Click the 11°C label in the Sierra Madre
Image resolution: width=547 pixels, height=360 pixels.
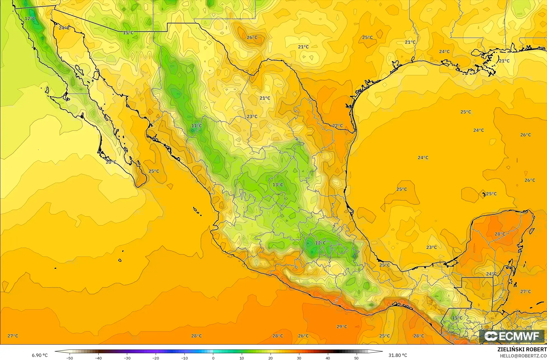(x=196, y=126)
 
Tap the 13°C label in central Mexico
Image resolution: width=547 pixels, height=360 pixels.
(x=278, y=185)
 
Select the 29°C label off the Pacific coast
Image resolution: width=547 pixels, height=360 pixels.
(x=342, y=326)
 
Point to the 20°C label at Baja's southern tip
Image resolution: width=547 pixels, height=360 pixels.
(x=111, y=162)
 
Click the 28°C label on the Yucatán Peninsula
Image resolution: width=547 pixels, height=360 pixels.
(x=500, y=234)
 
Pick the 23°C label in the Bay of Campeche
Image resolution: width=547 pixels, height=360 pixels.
(x=431, y=247)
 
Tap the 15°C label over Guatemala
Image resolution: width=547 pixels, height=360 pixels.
(x=457, y=318)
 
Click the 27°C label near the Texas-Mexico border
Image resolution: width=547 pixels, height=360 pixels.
(x=337, y=126)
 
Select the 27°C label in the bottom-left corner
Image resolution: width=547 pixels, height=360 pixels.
(x=13, y=336)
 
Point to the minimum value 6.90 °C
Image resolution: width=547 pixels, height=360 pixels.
(x=40, y=355)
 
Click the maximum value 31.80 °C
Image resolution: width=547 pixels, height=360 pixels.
(x=397, y=355)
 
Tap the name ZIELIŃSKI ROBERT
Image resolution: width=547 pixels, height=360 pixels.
(x=522, y=349)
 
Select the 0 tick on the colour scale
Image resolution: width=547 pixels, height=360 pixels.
(x=213, y=358)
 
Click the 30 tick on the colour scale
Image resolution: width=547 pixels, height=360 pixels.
(x=299, y=358)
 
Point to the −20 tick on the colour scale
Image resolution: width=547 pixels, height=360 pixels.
(x=156, y=358)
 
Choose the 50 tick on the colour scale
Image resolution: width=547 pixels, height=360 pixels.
(x=356, y=358)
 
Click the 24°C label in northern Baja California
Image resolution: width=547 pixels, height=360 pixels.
(x=64, y=28)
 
